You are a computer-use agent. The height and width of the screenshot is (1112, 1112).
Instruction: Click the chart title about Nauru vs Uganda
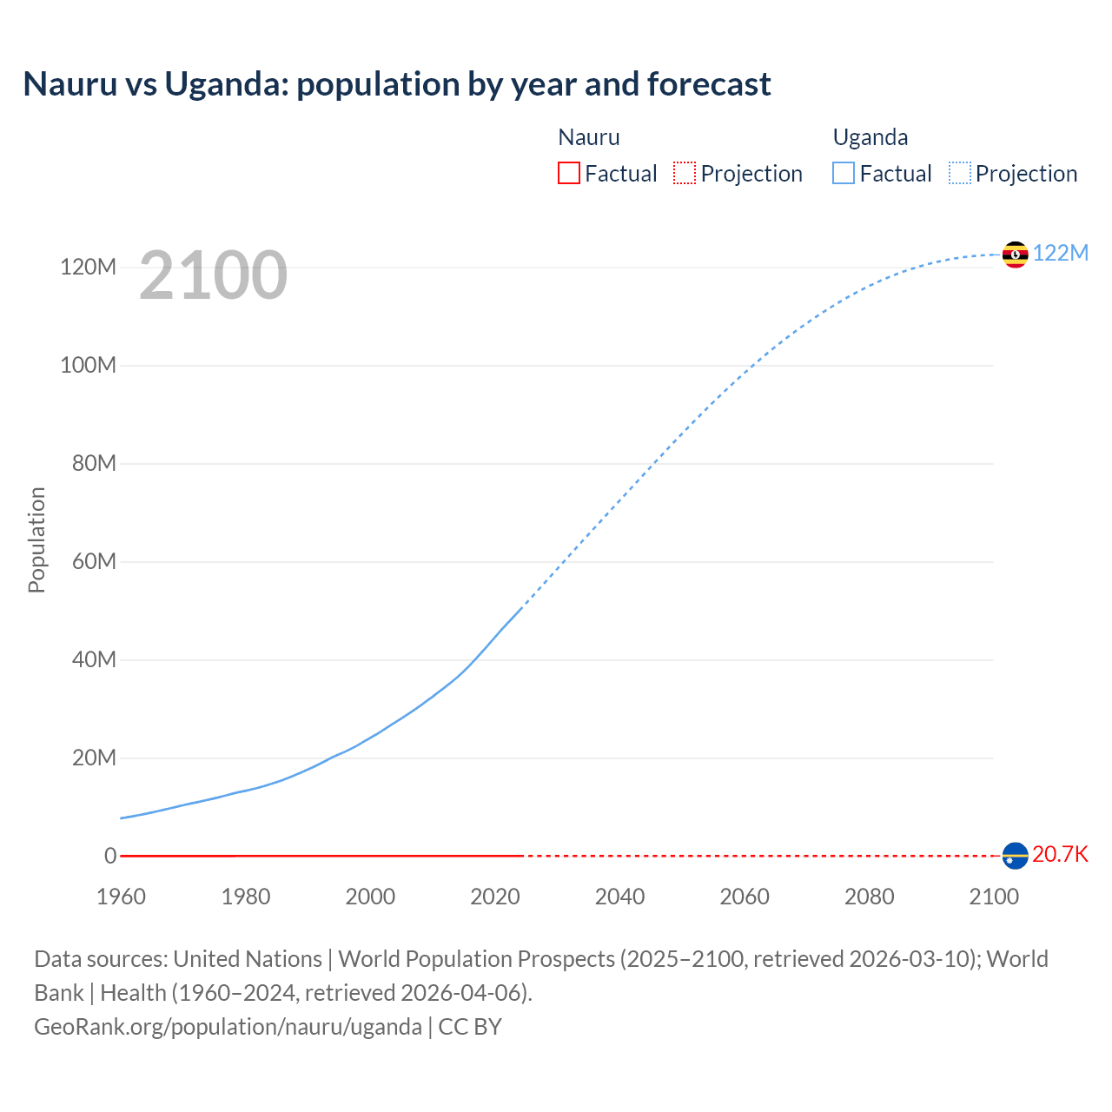tap(397, 84)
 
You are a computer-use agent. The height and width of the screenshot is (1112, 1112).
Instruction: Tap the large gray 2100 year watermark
tap(213, 275)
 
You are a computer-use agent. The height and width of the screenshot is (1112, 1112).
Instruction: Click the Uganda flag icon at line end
tap(1015, 255)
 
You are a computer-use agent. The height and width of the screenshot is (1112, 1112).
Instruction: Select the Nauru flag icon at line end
tap(1015, 856)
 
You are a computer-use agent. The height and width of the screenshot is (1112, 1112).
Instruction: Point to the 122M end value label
tap(1060, 253)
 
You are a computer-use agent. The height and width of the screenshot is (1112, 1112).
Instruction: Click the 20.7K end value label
tap(1060, 854)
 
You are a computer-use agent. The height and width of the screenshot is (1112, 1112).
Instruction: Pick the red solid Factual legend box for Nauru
tap(568, 174)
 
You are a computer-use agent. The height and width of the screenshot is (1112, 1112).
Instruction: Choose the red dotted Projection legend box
tap(685, 174)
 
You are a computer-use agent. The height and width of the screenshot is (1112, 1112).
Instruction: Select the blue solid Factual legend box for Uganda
tap(844, 174)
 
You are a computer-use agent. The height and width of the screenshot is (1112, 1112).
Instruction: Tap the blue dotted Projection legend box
tap(960, 174)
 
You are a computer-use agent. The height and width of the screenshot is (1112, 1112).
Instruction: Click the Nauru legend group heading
tap(589, 137)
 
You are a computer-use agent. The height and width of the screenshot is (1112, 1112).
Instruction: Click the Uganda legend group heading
tap(870, 137)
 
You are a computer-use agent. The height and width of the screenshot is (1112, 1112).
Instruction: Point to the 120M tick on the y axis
tap(88, 267)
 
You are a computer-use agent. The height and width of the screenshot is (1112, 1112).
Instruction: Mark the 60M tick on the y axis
tap(94, 561)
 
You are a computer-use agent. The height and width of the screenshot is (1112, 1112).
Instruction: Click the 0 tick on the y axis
tap(110, 856)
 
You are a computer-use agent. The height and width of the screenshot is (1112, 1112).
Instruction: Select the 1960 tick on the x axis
tap(121, 897)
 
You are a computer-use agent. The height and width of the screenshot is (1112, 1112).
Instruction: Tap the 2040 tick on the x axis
tap(619, 897)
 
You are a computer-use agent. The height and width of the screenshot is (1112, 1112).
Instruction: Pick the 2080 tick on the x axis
tap(869, 897)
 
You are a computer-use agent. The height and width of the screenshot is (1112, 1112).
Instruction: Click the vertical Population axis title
tap(36, 539)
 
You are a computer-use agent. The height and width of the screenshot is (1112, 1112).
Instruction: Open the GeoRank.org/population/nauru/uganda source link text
tap(228, 1027)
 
